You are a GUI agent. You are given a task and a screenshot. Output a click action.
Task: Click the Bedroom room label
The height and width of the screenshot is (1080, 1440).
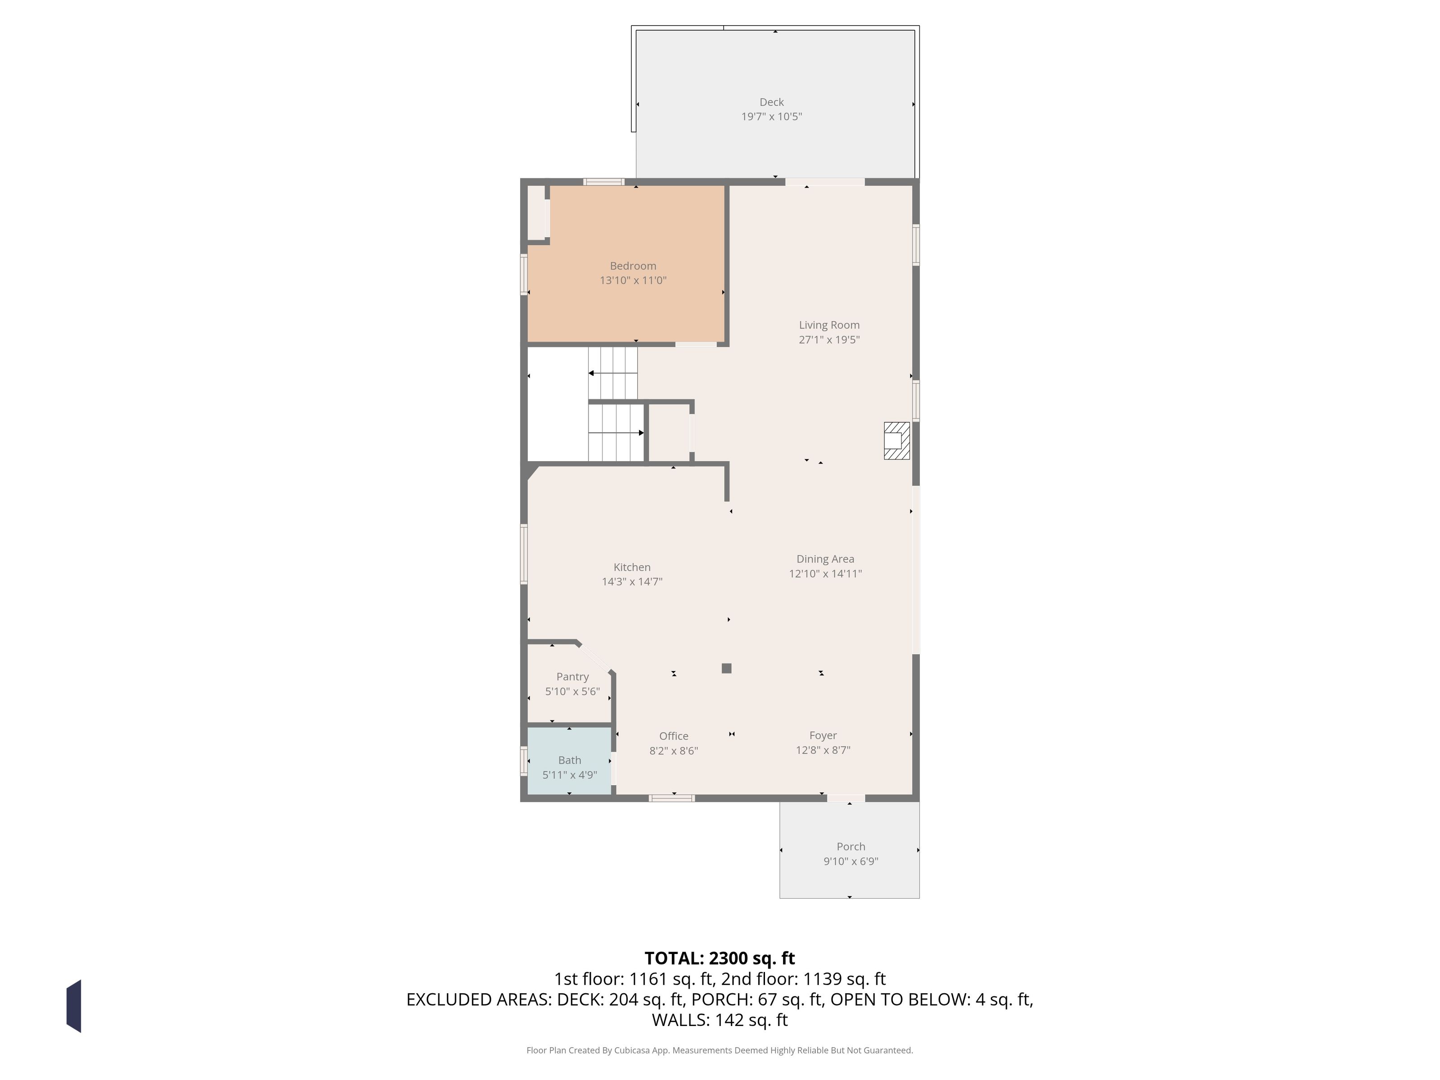[633, 265]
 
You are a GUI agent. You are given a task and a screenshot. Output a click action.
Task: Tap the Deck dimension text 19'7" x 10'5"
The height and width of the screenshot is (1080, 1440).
[771, 117]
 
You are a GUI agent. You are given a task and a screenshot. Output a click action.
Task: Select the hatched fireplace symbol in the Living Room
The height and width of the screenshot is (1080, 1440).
[896, 441]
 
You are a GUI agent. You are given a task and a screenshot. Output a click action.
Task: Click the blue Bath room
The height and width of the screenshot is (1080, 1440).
[569, 760]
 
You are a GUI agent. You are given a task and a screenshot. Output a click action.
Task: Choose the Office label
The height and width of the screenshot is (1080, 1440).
[673, 736]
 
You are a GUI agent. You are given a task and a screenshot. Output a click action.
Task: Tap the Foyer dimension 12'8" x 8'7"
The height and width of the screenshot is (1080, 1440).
[823, 750]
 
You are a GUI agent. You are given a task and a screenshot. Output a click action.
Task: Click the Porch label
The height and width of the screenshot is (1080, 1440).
[851, 846]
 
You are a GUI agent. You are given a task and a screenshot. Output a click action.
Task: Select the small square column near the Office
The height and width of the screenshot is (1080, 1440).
[726, 668]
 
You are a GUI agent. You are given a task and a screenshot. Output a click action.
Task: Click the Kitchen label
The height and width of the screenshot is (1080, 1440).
[631, 567]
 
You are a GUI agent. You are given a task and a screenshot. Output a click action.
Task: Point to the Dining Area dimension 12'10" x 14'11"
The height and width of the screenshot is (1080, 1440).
[825, 574]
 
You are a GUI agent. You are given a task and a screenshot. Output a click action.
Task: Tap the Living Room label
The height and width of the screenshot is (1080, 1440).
[829, 325]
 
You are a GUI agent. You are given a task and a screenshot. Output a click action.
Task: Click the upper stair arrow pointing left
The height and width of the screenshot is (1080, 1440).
[612, 373]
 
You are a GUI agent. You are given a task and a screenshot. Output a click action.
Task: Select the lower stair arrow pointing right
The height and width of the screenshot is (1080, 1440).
[616, 432]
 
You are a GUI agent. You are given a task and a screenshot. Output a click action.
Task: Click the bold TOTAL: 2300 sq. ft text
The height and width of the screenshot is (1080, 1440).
[720, 958]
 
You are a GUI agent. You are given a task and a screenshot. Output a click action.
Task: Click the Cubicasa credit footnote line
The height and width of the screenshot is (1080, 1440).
[720, 1050]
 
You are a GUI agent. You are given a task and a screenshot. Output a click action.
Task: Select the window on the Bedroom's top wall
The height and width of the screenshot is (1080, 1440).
[603, 182]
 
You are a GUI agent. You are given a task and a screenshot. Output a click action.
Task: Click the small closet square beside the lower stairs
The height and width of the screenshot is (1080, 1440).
[669, 433]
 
